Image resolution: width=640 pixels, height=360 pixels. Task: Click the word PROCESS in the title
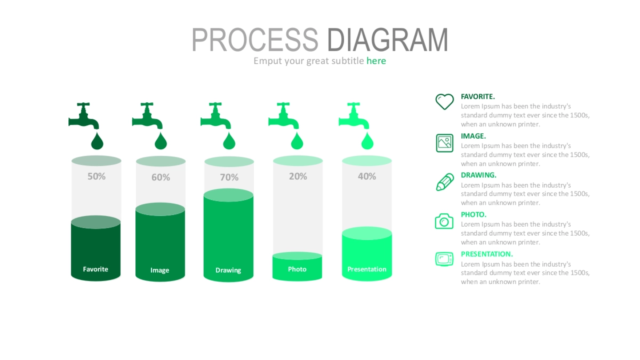click(255, 39)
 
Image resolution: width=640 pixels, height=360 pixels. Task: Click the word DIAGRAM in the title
click(388, 39)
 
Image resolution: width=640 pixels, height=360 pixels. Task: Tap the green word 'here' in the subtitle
click(376, 61)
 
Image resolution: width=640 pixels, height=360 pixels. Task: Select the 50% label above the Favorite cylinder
click(97, 177)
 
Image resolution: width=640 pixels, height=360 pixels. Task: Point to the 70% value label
click(229, 177)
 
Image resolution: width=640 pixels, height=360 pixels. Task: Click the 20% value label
click(298, 177)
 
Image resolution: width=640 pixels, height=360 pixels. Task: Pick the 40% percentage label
click(367, 177)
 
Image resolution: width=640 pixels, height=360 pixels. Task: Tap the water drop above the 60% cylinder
click(161, 141)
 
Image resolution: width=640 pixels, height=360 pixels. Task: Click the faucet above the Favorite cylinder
click(84, 116)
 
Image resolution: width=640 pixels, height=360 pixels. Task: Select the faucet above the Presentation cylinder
click(354, 116)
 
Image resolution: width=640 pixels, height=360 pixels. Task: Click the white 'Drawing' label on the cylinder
click(228, 270)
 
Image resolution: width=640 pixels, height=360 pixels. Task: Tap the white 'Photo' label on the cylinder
click(297, 269)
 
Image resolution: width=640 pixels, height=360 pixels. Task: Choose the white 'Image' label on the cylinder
click(159, 270)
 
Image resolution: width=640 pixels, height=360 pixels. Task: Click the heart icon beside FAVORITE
click(445, 102)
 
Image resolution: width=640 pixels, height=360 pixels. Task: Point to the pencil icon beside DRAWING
click(445, 182)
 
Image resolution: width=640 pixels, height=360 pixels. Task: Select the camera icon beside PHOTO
click(444, 221)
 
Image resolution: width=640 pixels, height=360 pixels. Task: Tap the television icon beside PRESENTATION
click(444, 259)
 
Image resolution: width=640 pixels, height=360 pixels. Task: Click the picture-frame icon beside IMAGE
click(445, 143)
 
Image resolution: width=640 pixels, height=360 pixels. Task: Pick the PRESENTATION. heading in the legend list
click(487, 254)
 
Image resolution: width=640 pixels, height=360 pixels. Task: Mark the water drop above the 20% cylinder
click(297, 141)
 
